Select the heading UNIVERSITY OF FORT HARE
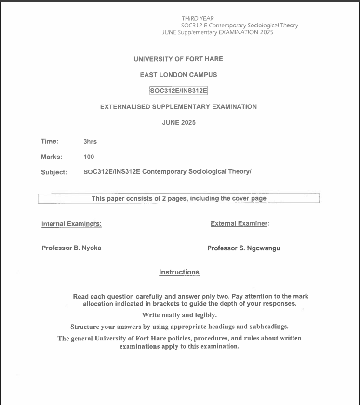(178, 59)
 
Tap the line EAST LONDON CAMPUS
(178, 75)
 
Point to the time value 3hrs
(90, 141)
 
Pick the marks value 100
(89, 157)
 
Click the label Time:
(50, 141)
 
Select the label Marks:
(51, 157)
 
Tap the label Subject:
(54, 172)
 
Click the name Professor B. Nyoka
(71, 248)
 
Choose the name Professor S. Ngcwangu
(243, 248)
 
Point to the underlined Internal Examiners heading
(71, 223)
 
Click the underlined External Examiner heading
(240, 223)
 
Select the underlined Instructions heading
(179, 272)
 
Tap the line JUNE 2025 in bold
(179, 122)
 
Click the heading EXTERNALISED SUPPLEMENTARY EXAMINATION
(178, 106)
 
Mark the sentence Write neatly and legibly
(179, 315)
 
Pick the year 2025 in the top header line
(267, 32)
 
